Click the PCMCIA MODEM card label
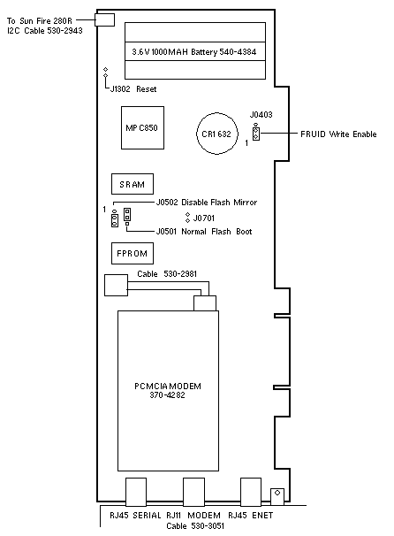168,387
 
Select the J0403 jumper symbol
255,133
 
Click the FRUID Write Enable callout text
338,134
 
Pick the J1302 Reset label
133,89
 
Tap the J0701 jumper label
204,218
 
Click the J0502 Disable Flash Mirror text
207,203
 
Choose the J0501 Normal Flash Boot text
204,232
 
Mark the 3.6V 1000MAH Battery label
194,52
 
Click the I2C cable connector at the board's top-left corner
105,19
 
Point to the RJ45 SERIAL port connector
136,492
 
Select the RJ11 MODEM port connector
193,492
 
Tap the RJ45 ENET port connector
251,492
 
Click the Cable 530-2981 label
167,274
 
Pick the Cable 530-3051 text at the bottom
195,525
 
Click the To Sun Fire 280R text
40,21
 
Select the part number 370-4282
167,395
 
